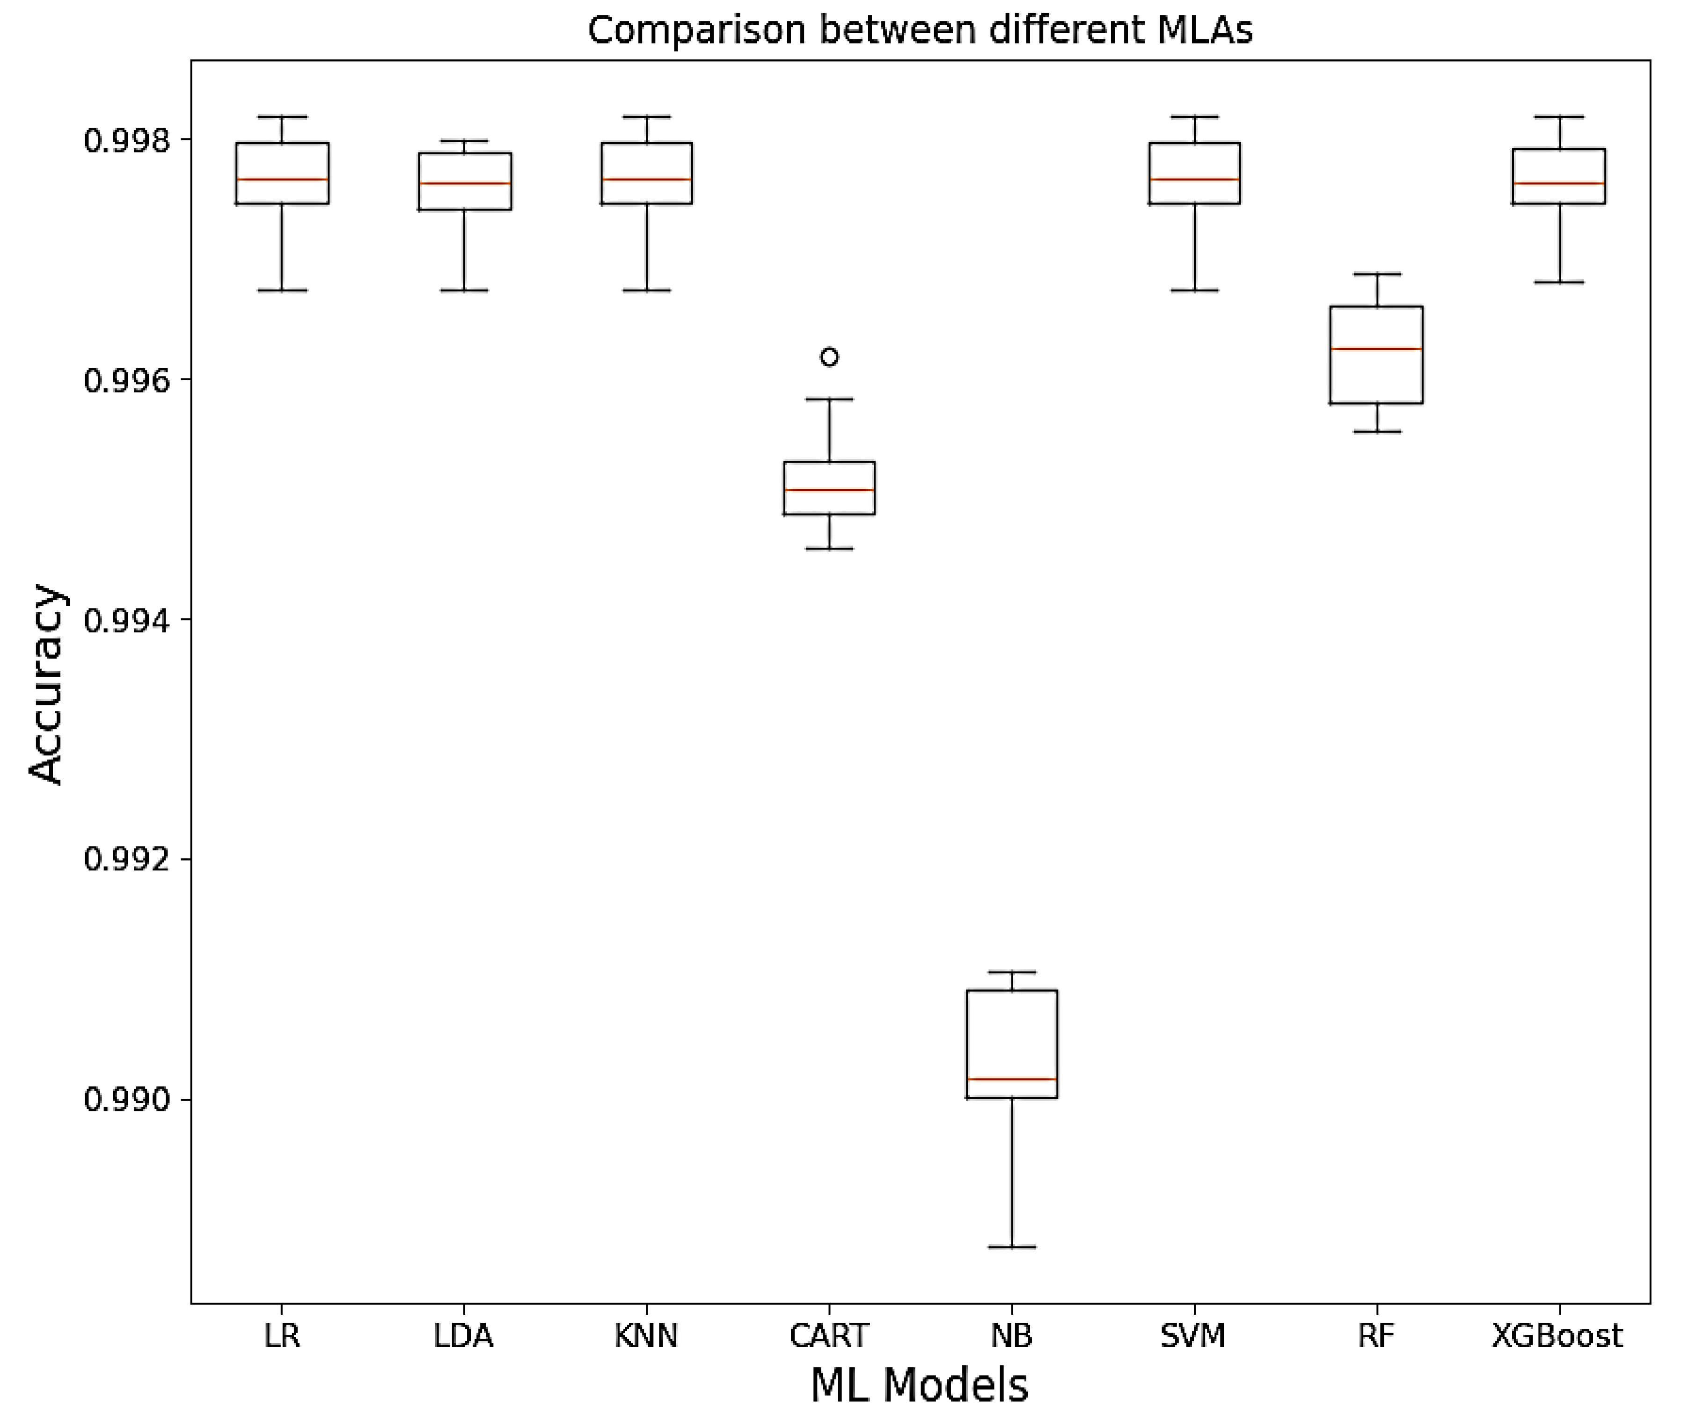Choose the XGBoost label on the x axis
pyautogui.click(x=1557, y=1335)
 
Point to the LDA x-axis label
pyautogui.click(x=463, y=1335)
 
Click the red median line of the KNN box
pyautogui.click(x=646, y=179)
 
